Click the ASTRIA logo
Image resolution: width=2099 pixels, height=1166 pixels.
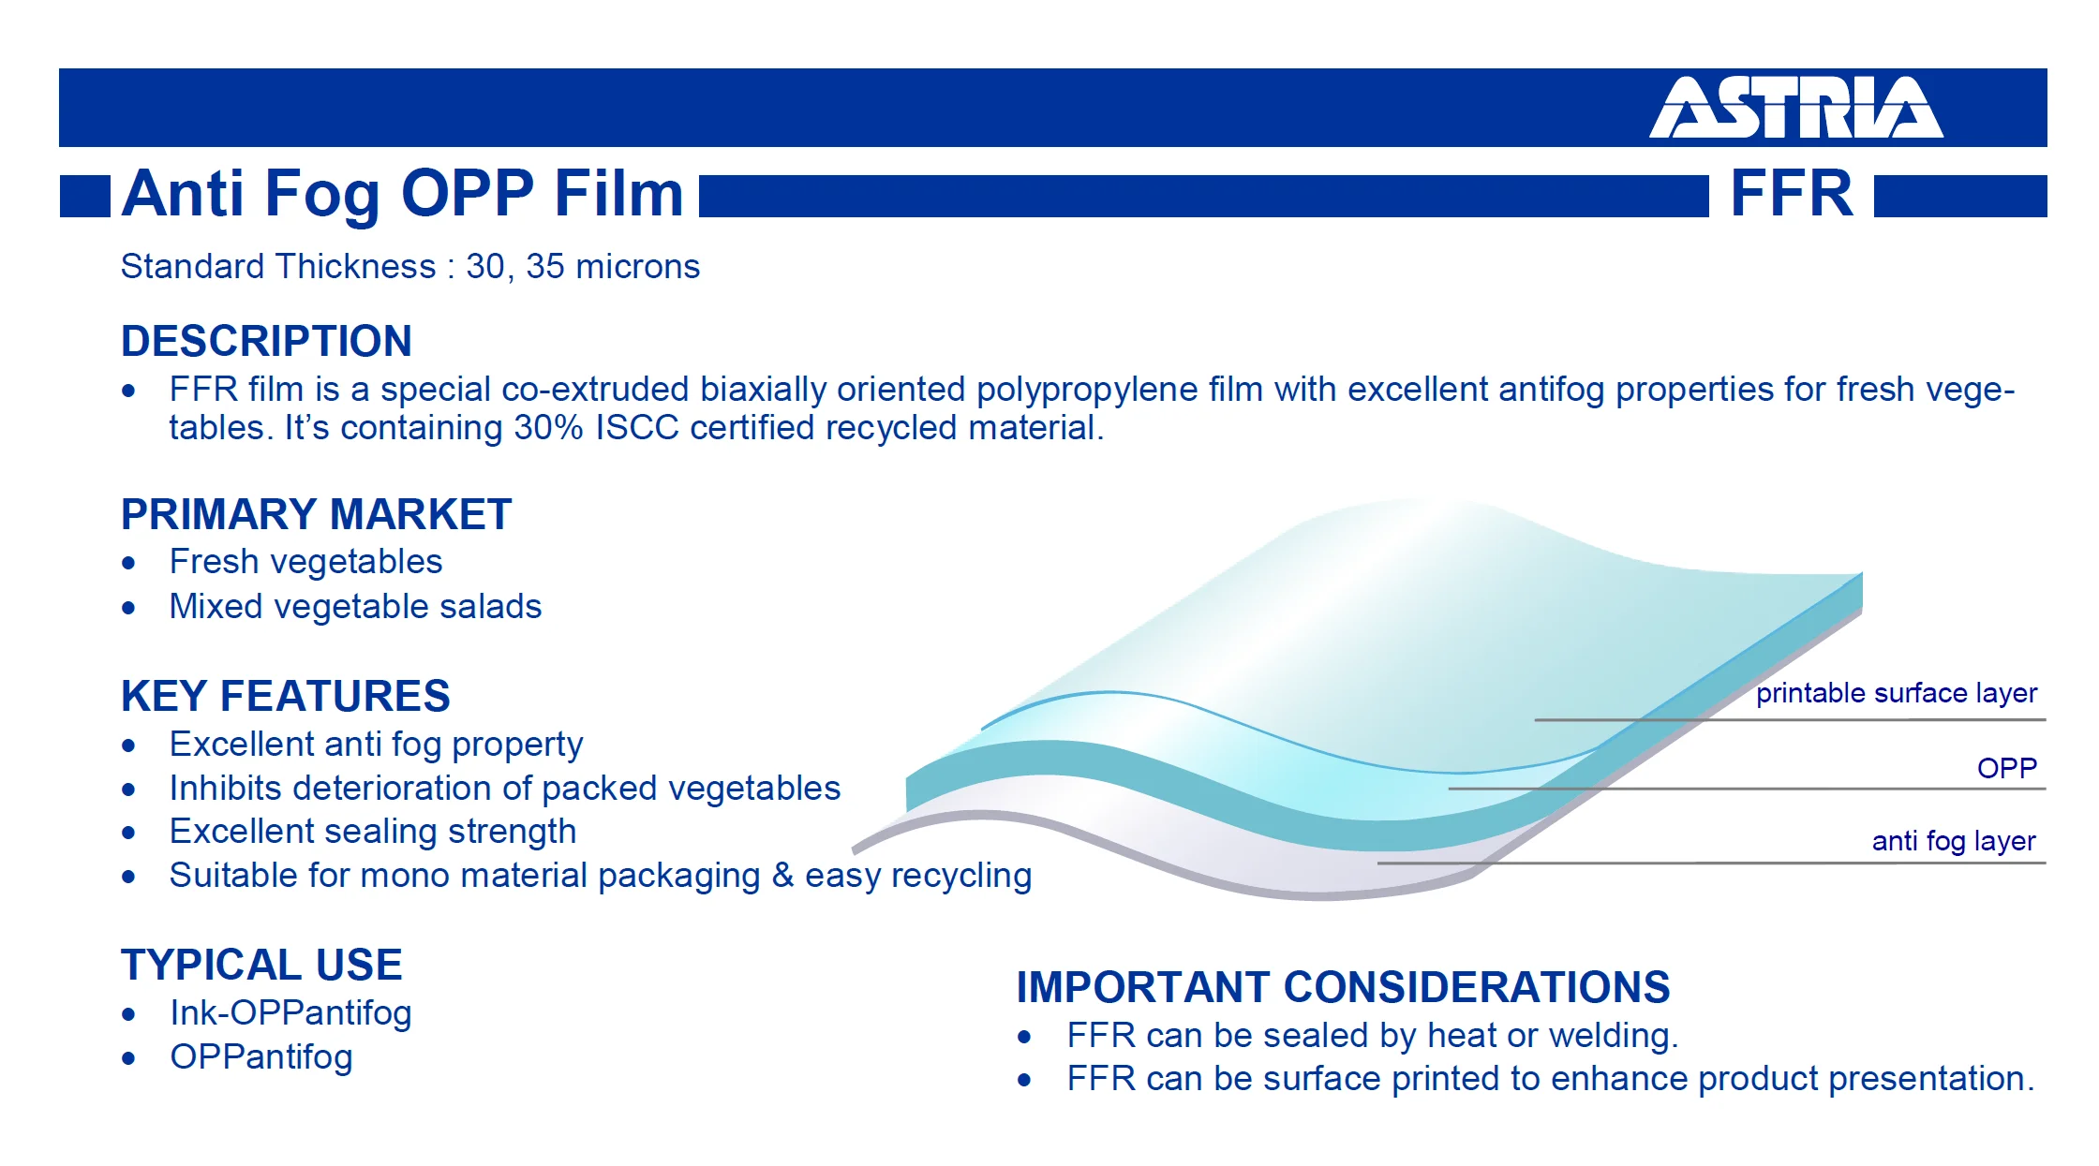[x=1795, y=108]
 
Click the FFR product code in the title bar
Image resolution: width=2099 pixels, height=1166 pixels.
[x=1792, y=194]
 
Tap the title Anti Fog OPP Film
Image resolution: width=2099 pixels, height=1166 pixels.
[x=403, y=195]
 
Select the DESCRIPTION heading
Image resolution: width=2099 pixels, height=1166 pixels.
[x=267, y=341]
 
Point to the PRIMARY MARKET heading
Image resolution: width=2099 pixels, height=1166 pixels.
[x=317, y=514]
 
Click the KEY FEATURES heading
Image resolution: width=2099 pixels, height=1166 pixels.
[x=286, y=696]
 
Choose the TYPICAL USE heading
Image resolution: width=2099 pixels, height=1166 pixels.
[x=262, y=965]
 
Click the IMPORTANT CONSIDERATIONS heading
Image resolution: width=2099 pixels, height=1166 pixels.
[x=1344, y=987]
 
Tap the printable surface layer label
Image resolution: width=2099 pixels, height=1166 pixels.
[x=1897, y=693]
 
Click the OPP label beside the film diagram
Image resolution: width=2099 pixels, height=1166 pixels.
[x=2007, y=768]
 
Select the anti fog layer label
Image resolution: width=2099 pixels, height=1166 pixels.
[x=1954, y=841]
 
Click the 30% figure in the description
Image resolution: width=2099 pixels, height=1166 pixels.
[x=549, y=428]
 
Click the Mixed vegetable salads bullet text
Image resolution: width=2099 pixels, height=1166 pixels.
[x=356, y=607]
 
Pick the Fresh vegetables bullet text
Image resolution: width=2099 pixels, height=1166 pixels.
[x=306, y=562]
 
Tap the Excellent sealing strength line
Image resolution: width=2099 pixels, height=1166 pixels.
[x=373, y=832]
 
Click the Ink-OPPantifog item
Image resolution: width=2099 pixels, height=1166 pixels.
[x=291, y=1013]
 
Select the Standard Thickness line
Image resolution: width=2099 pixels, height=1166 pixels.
[x=410, y=267]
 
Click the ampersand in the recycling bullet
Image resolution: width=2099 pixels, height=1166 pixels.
[x=782, y=876]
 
